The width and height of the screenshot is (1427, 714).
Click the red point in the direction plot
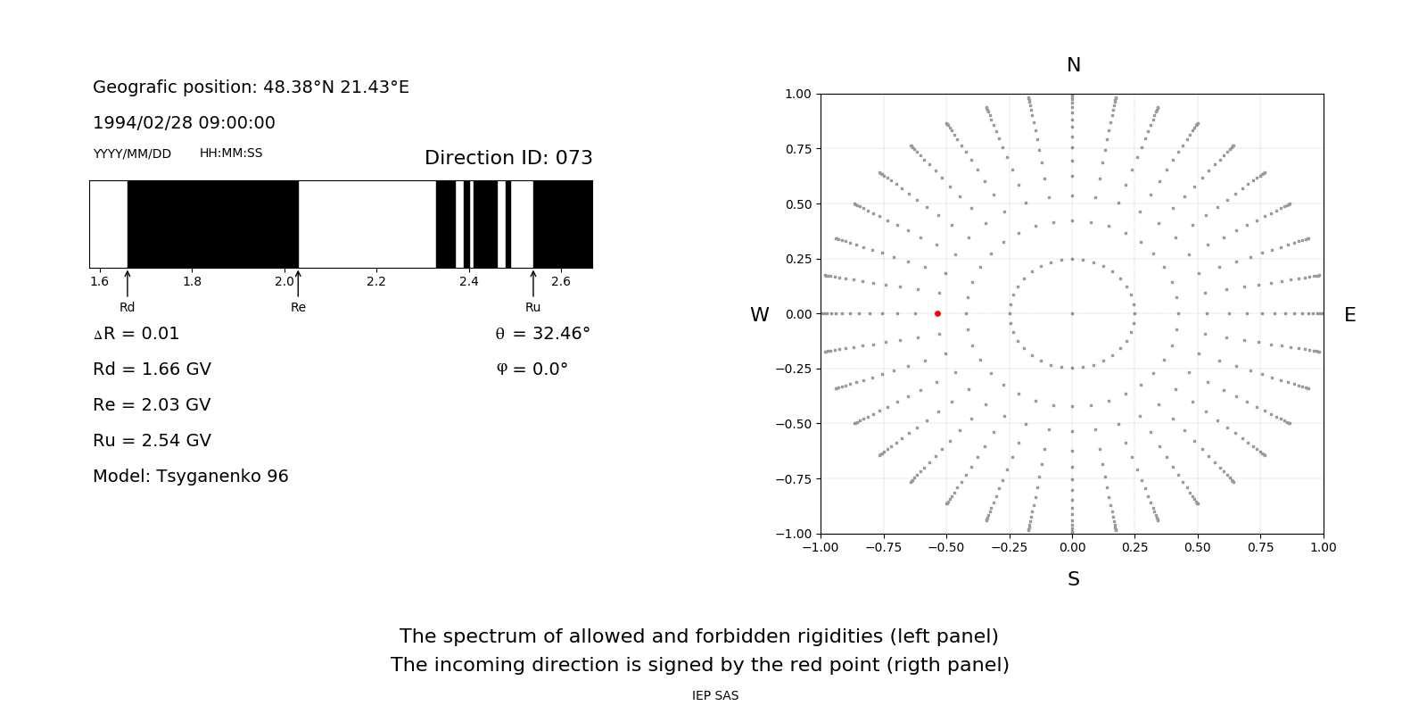(x=937, y=313)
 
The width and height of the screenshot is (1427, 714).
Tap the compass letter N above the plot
(x=1074, y=65)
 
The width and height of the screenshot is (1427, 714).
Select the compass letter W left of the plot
(x=760, y=315)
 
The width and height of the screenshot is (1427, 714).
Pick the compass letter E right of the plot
(x=1349, y=315)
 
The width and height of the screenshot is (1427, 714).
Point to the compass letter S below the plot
(x=1074, y=579)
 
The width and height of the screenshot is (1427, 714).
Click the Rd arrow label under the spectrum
(x=128, y=307)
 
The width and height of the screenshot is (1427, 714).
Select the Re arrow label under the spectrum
(x=298, y=307)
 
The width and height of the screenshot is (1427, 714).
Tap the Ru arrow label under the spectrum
(x=532, y=307)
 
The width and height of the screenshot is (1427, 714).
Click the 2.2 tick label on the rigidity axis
(x=376, y=281)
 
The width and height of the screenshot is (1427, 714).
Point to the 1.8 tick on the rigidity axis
(x=192, y=281)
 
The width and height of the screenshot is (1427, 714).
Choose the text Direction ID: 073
(x=508, y=158)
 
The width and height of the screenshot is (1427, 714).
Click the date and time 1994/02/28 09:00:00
(x=184, y=122)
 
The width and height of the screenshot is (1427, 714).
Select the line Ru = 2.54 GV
(x=152, y=440)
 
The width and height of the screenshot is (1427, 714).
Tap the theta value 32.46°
(x=543, y=334)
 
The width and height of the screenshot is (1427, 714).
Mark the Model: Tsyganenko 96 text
(x=191, y=476)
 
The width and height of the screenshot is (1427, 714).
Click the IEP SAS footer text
(x=715, y=695)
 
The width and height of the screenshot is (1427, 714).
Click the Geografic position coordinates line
(x=251, y=87)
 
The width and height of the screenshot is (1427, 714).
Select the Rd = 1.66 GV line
(x=152, y=369)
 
